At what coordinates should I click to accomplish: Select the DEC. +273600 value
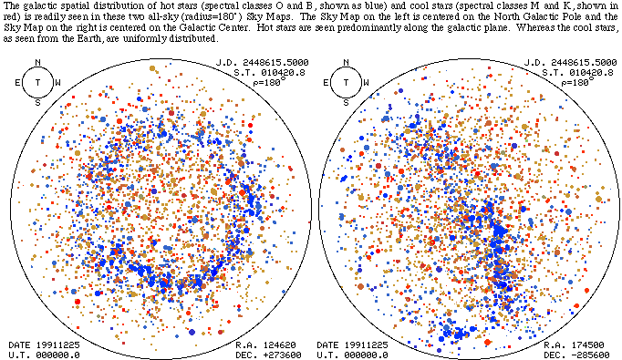[268, 355]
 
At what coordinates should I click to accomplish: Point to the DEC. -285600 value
[576, 355]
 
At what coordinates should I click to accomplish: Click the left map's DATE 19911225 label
[44, 345]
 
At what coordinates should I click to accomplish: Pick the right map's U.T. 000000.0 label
[352, 355]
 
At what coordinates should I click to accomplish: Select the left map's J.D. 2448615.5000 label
[263, 63]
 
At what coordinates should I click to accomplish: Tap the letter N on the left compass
[37, 62]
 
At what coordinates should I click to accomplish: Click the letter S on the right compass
[346, 103]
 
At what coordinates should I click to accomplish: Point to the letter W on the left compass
[58, 83]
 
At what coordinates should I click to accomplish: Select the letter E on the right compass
[326, 83]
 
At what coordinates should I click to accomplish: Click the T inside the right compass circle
[346, 82]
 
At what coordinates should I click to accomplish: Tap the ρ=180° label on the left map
[269, 82]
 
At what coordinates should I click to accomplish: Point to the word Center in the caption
[238, 28]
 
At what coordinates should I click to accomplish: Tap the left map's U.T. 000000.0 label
[44, 355]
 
